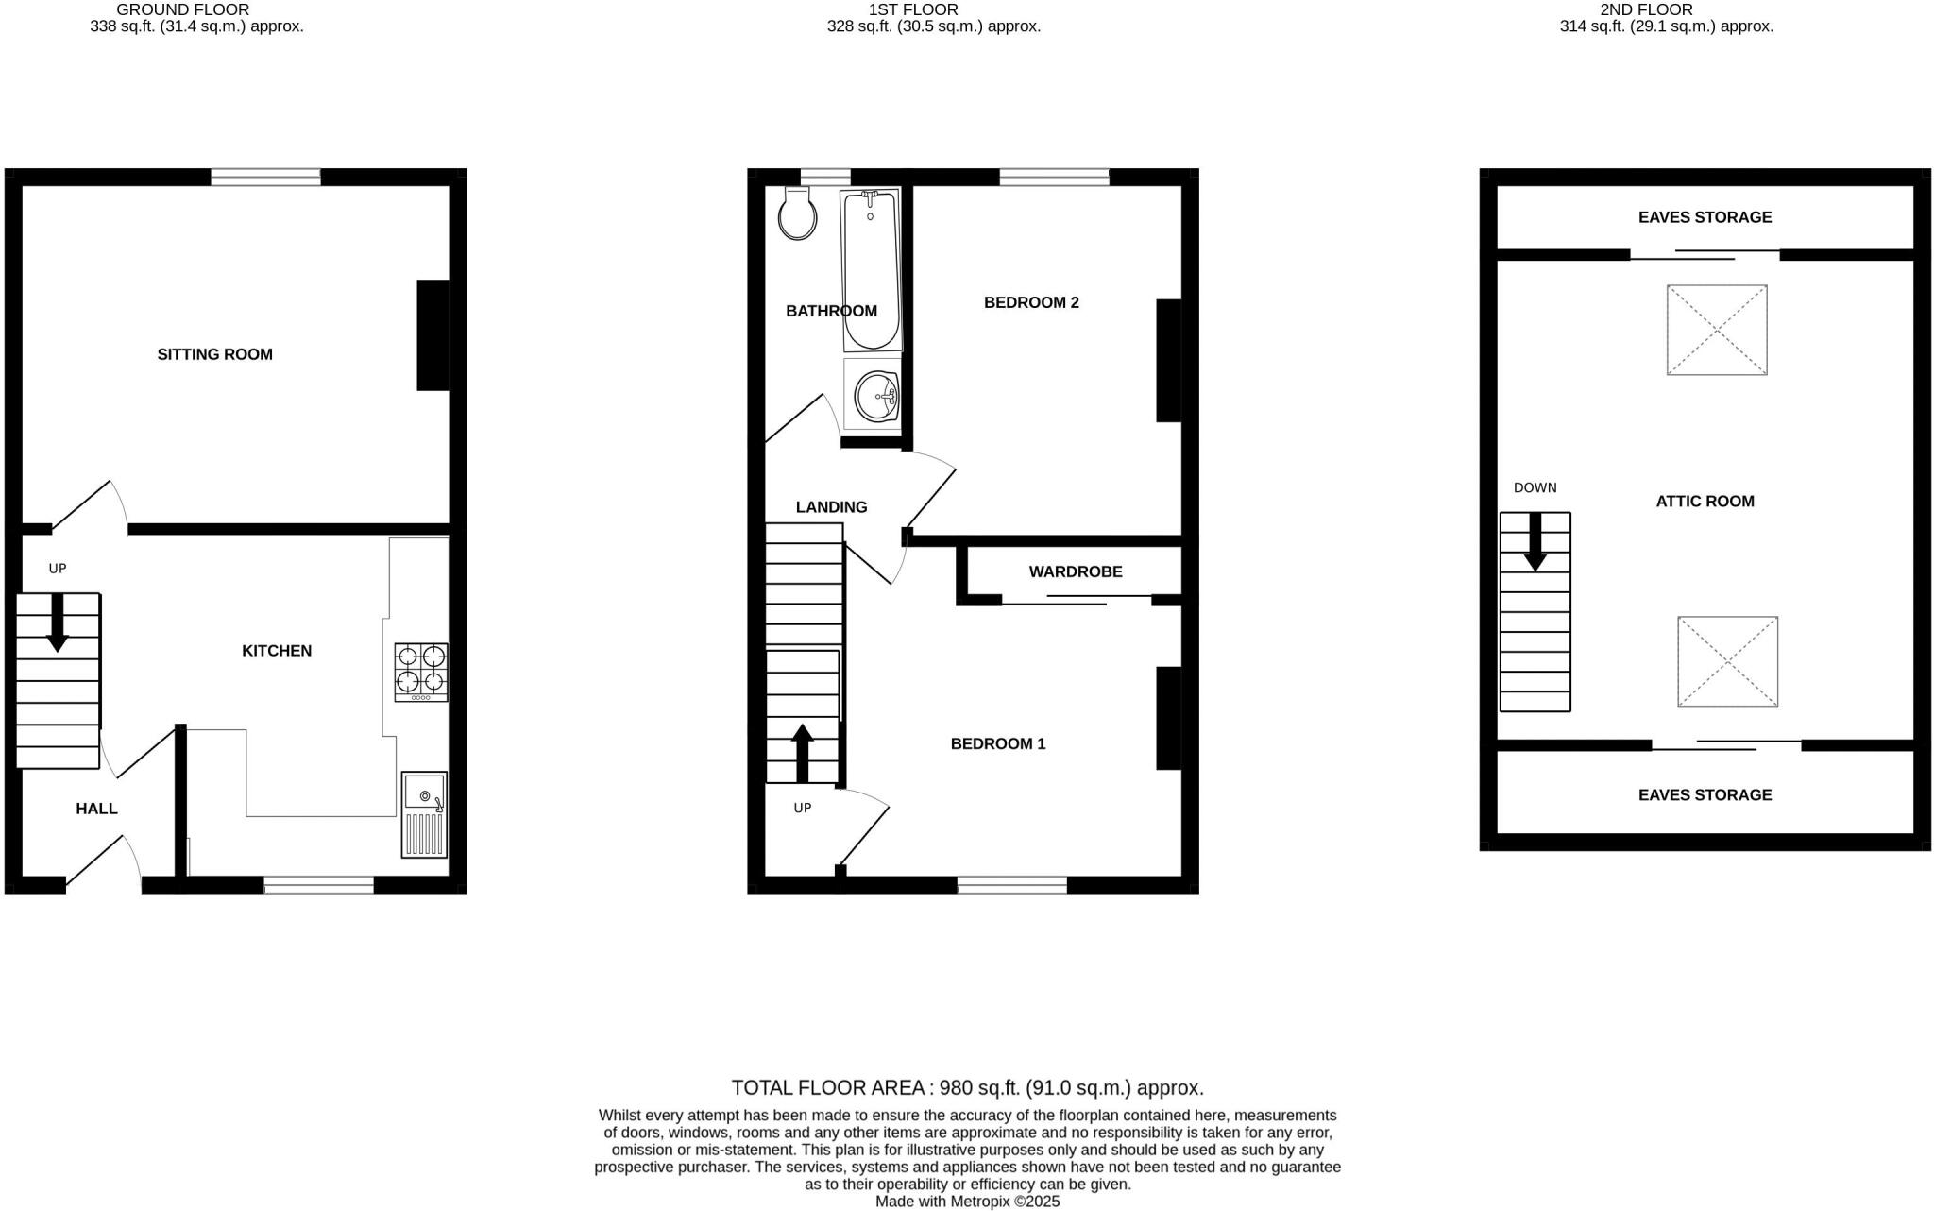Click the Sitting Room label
coord(214,354)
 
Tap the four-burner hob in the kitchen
coord(421,672)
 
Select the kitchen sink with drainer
coord(424,814)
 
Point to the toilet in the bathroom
coord(798,214)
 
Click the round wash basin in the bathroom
coord(876,395)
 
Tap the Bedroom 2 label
coord(1031,302)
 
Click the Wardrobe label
coord(1076,571)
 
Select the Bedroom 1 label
coord(998,743)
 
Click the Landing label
coord(831,507)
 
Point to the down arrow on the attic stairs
coord(1535,542)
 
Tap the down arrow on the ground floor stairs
coord(58,623)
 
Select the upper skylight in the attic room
coord(1717,331)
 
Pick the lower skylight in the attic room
coord(1727,661)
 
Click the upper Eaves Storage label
coord(1705,217)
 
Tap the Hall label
coord(96,809)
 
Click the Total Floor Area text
coord(967,1087)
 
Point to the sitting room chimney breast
coord(433,335)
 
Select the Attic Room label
coord(1705,502)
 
